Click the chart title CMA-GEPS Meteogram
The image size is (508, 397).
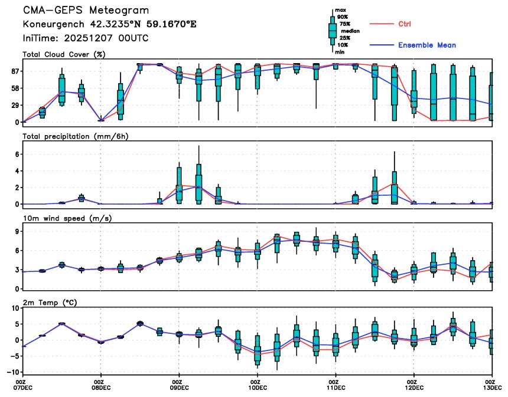(86, 11)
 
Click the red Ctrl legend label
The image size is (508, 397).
(404, 24)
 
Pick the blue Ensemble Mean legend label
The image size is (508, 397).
(426, 45)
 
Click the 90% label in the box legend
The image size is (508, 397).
(343, 17)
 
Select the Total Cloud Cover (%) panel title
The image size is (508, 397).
(64, 54)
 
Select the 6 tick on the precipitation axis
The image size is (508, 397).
(17, 155)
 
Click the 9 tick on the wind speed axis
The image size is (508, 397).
(17, 232)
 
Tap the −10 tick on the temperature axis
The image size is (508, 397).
(11, 372)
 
